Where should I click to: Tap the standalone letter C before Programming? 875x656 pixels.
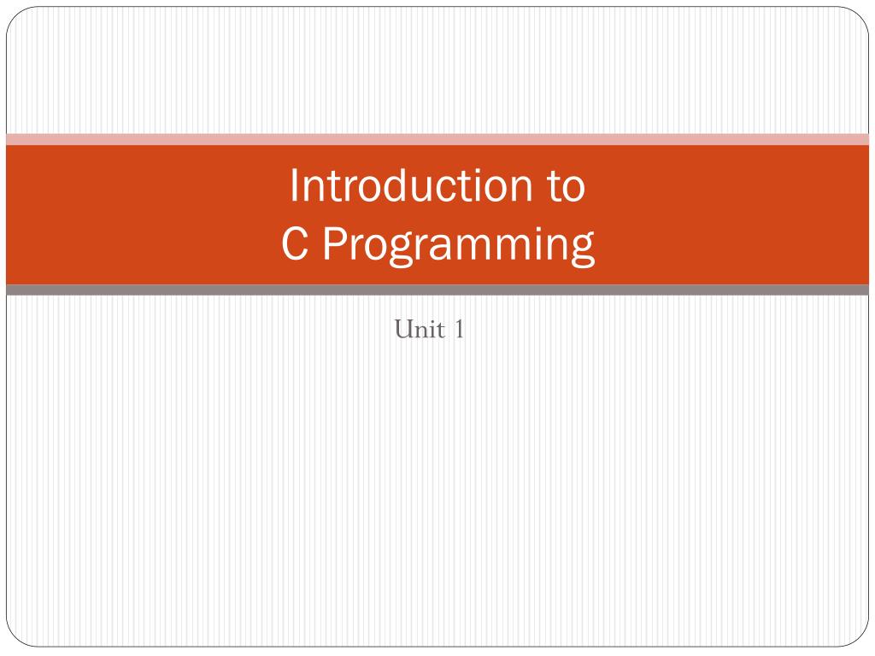[294, 245]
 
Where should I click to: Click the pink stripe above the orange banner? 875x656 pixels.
[437, 139]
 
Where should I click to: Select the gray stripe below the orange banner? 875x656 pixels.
[437, 290]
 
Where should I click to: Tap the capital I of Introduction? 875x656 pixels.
[294, 186]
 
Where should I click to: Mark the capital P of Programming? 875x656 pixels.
[333, 245]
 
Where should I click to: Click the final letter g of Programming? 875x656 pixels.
[581, 249]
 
